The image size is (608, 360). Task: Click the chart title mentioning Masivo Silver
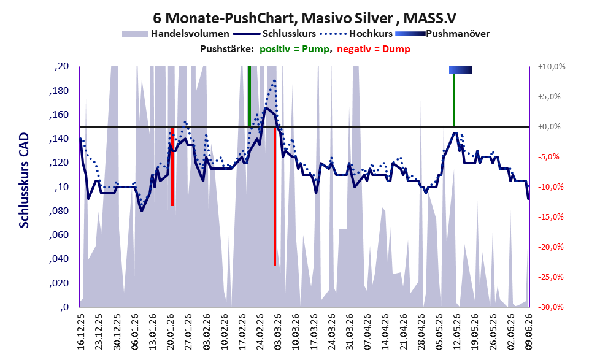click(x=304, y=18)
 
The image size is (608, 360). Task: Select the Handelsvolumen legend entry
click(x=175, y=34)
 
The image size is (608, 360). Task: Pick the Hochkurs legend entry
click(x=356, y=34)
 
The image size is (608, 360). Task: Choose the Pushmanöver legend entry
click(x=442, y=34)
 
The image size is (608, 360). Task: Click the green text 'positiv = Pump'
click(x=294, y=49)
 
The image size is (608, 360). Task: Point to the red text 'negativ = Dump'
click(x=374, y=49)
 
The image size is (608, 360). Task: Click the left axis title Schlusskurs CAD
click(x=24, y=180)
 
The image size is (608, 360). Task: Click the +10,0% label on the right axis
click(x=552, y=67)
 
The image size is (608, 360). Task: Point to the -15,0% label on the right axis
click(x=552, y=217)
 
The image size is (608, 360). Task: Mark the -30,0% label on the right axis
click(x=552, y=307)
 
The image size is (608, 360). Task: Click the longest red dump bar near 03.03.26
click(x=275, y=196)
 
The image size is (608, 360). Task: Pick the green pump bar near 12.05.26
click(x=453, y=100)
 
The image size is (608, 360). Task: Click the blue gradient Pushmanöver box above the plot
click(x=460, y=70)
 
